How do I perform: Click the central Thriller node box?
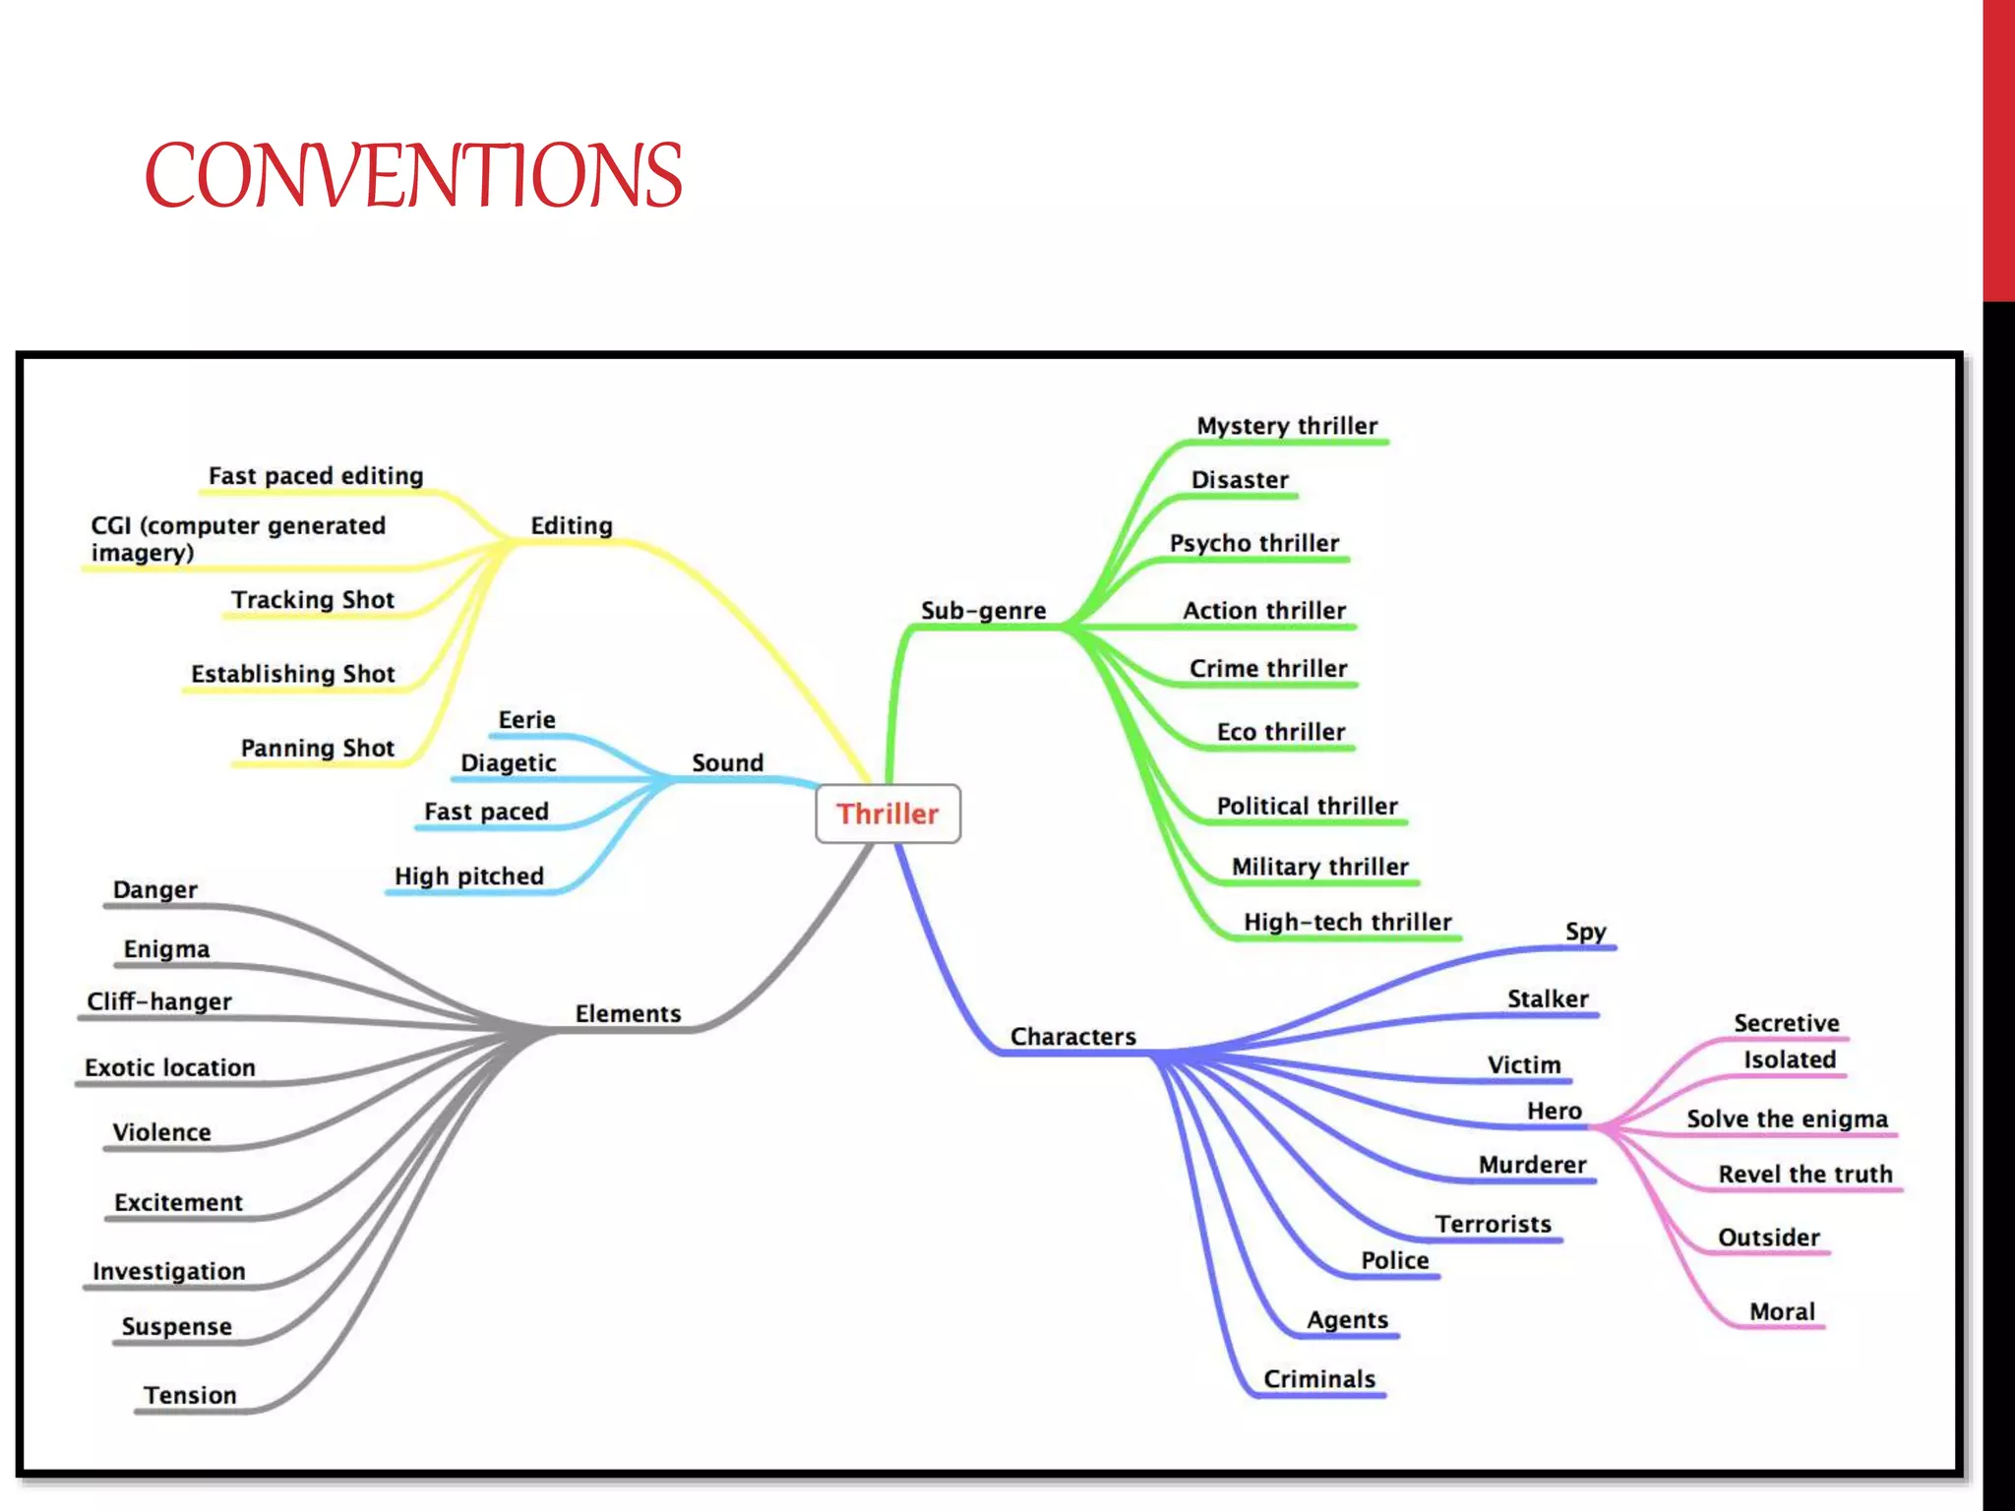pos(887,814)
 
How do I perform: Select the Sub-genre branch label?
pos(983,611)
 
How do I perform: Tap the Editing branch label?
pos(572,526)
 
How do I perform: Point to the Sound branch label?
pos(727,763)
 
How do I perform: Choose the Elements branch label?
pos(628,1014)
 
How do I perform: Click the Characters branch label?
pos(1072,1037)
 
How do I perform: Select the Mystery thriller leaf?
pos(1286,426)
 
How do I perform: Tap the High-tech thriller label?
pos(1347,923)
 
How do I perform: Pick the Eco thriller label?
pos(1280,733)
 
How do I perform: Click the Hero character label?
pos(1554,1112)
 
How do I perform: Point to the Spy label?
pos(1585,932)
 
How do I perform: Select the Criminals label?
pos(1318,1379)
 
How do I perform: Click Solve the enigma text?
pos(1787,1119)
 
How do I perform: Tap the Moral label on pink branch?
pos(1781,1312)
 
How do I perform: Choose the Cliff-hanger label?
pos(159,1002)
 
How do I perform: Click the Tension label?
pos(190,1396)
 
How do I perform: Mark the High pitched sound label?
pos(468,876)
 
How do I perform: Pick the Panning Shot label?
pos(317,749)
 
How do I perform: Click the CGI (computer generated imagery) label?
pos(237,539)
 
